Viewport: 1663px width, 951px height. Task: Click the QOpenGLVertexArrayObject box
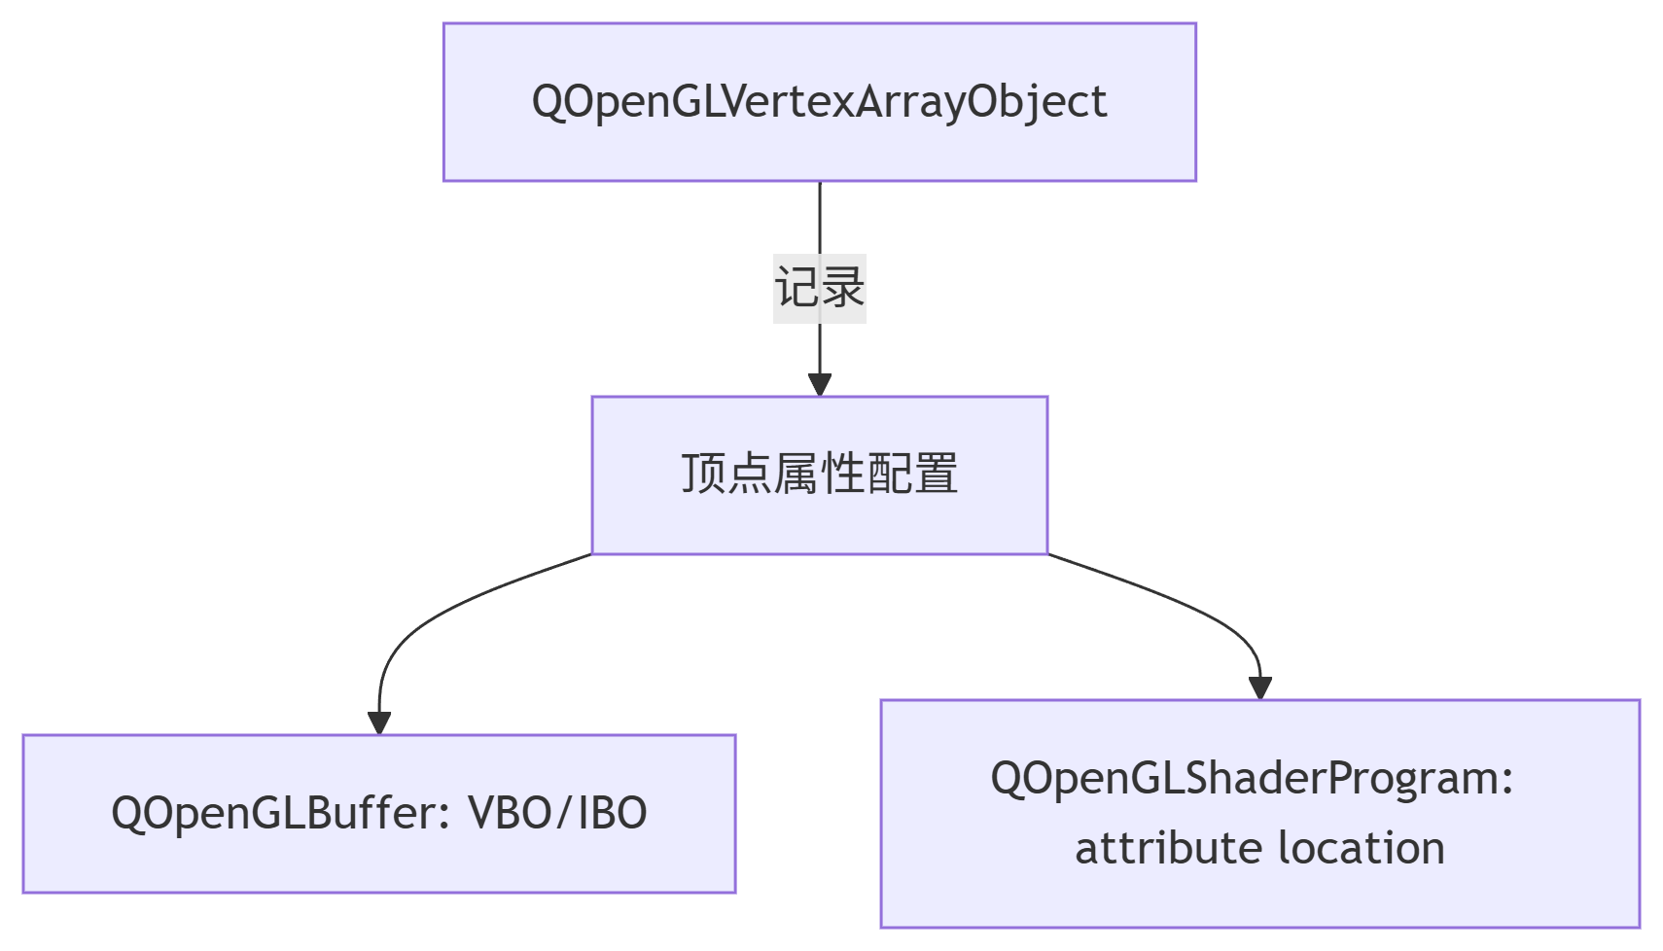820,102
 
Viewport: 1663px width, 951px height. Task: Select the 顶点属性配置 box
820,475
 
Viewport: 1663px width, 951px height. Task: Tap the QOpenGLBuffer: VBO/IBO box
379,814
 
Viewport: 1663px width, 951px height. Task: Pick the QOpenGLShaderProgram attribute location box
1260,814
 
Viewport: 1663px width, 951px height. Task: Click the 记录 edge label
820,288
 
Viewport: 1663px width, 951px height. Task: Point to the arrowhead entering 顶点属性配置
820,385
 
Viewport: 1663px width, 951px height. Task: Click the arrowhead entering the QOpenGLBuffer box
379,723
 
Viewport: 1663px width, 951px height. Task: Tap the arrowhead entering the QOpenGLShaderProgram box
1260,688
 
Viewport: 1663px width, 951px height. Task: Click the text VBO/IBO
557,814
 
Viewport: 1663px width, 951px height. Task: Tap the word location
1362,849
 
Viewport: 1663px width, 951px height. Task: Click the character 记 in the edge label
797,288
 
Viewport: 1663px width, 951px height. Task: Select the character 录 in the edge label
842,288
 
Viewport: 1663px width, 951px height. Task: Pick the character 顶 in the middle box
704,474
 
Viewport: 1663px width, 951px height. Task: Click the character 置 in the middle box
936,474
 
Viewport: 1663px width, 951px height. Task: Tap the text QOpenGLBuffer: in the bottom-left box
281,815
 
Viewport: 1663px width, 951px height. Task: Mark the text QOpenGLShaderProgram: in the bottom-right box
1252,780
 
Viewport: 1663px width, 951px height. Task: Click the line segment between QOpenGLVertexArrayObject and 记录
820,218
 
